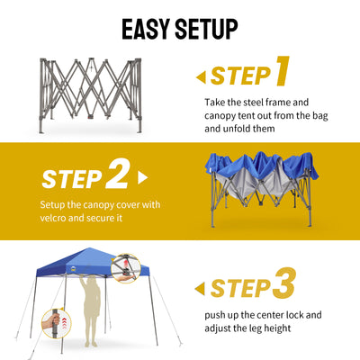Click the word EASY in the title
pos(146,29)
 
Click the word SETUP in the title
pos(206,29)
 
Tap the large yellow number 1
pos(282,71)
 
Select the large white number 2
pos(118,174)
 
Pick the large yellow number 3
pos(283,283)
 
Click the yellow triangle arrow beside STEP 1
pos(201,77)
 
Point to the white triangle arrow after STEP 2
pos(143,178)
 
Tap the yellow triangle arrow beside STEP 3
pos(200,289)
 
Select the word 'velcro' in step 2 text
pos(53,218)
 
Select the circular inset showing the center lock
pos(126,268)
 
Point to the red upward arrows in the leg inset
pos(64,323)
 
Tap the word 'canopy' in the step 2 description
pos(99,205)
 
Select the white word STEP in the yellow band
pos(72,179)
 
